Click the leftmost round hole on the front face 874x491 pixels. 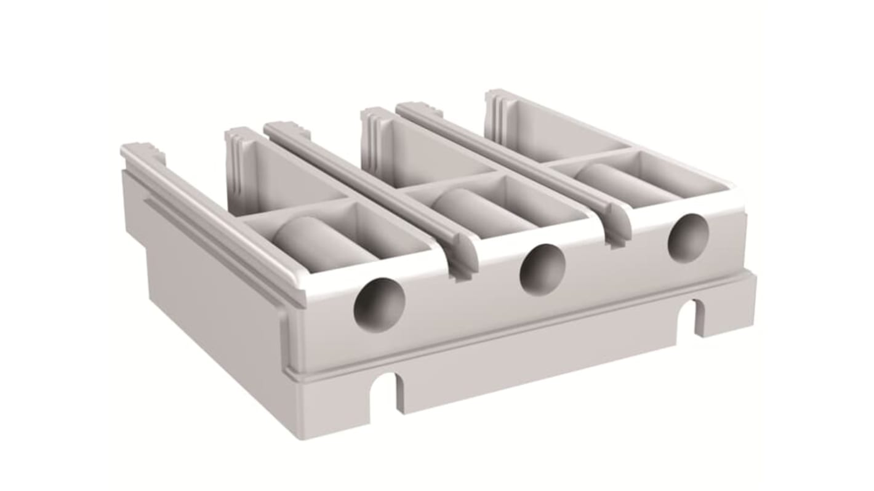tap(379, 305)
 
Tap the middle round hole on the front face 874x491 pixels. tap(542, 269)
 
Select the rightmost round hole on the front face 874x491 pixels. tap(688, 238)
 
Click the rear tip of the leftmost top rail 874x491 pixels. tap(135, 150)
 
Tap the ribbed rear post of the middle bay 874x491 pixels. tap(373, 132)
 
